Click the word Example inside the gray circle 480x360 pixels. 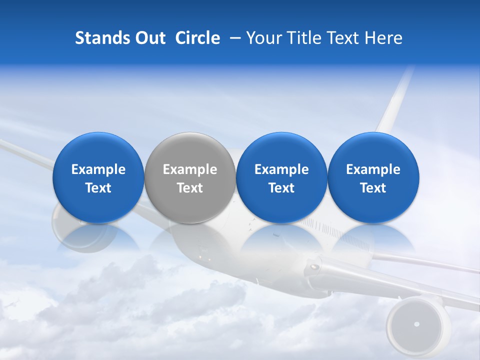coord(190,169)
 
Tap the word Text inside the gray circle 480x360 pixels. coord(190,188)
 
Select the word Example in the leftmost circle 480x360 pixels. coord(98,169)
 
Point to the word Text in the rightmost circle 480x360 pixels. coord(373,188)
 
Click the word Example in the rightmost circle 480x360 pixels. coord(373,169)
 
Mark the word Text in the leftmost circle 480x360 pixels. coord(98,188)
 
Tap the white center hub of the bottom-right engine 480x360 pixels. coord(416,324)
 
